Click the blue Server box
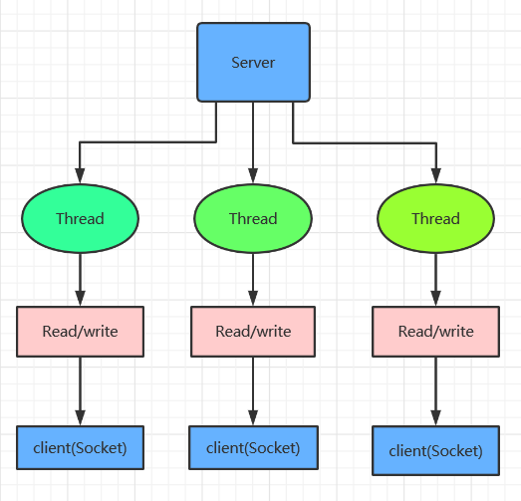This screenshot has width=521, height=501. pyautogui.click(x=253, y=62)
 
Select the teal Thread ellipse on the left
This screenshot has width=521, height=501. pyautogui.click(x=80, y=218)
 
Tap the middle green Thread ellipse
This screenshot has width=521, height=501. pyautogui.click(x=253, y=218)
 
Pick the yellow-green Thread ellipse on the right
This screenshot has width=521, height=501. pyautogui.click(x=435, y=218)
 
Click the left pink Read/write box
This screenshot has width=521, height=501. pyautogui.click(x=80, y=332)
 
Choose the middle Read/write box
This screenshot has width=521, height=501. pyautogui.click(x=253, y=332)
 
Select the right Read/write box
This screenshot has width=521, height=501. pyautogui.click(x=435, y=332)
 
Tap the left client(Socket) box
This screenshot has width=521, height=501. pyautogui.click(x=80, y=447)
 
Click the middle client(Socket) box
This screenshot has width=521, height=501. pyautogui.click(x=253, y=447)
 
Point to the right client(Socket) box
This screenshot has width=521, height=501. pyautogui.click(x=435, y=450)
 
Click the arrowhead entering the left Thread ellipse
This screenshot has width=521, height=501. pyautogui.click(x=80, y=175)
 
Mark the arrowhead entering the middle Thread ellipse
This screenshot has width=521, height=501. pyautogui.click(x=253, y=175)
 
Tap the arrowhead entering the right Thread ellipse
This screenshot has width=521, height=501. pyautogui.click(x=436, y=175)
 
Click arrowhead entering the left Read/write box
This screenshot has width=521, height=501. pyautogui.click(x=80, y=298)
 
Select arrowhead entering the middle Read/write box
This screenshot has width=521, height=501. pyautogui.click(x=253, y=298)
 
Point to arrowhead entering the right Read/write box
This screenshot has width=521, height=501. pyautogui.click(x=435, y=298)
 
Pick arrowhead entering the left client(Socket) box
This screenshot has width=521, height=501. pyautogui.click(x=80, y=417)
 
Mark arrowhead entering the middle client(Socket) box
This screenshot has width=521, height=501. pyautogui.click(x=253, y=417)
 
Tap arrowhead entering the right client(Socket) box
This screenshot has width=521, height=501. pyautogui.click(x=435, y=417)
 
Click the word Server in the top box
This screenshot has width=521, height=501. pyautogui.click(x=253, y=63)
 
